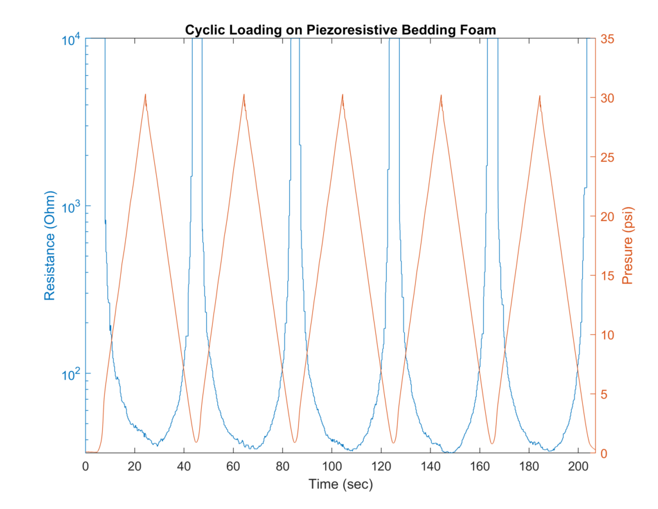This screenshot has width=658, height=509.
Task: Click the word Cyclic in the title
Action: click(x=202, y=30)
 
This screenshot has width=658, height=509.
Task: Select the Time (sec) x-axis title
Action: click(x=341, y=484)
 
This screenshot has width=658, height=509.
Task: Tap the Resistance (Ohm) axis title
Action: click(x=49, y=246)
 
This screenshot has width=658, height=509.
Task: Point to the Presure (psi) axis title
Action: click(x=628, y=245)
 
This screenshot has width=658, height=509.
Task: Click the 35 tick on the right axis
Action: click(x=607, y=39)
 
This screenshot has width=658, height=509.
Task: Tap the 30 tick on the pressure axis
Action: click(x=607, y=98)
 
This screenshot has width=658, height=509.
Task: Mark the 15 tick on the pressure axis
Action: click(x=607, y=276)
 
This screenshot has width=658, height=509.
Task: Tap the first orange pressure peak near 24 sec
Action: click(x=145, y=94)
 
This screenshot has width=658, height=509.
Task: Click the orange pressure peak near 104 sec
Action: click(x=342, y=94)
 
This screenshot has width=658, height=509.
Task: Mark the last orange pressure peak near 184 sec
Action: click(x=539, y=95)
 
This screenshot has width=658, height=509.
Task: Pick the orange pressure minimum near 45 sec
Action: click(x=196, y=442)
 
